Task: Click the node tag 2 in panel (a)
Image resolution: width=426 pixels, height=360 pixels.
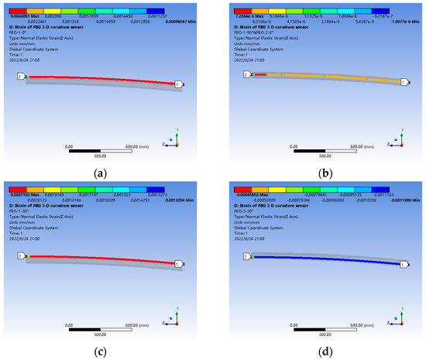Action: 20,77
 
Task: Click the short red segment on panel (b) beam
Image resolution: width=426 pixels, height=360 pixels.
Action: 260,74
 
